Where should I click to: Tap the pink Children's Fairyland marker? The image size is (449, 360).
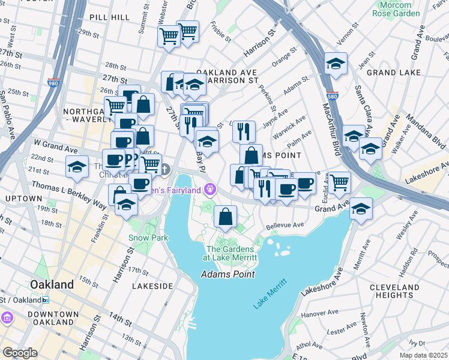[x=209, y=190]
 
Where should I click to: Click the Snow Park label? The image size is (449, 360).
[x=148, y=238]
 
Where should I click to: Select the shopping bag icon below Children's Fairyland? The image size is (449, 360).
[x=225, y=217]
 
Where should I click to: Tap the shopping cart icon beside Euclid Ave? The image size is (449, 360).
[x=339, y=181]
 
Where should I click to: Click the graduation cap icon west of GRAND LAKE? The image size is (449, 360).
[x=336, y=64]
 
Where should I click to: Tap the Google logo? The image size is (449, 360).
[x=20, y=353]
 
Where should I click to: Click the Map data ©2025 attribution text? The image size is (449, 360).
[x=423, y=355]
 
